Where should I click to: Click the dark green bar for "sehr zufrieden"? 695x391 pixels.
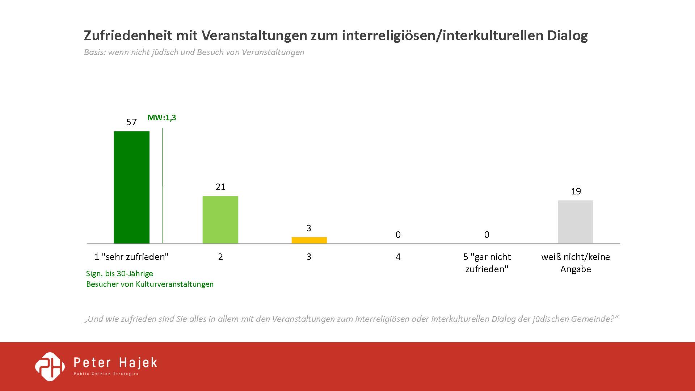[x=131, y=187]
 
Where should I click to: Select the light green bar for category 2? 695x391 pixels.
[x=220, y=220]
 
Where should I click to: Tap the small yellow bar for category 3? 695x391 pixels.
[x=309, y=240]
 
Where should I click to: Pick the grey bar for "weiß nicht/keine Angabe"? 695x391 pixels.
[x=575, y=222]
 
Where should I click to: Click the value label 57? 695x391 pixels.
[x=131, y=122]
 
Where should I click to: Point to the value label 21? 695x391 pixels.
[x=220, y=187]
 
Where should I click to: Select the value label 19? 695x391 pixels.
[x=576, y=192]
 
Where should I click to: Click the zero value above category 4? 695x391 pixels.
[x=398, y=235]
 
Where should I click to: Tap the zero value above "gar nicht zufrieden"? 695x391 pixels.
[x=486, y=235]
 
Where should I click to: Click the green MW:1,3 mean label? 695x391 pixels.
[x=162, y=118]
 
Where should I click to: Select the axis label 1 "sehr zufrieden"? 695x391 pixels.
[x=131, y=257]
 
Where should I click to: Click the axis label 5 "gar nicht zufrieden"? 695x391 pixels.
[x=487, y=263]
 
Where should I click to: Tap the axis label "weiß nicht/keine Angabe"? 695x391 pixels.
[x=576, y=263]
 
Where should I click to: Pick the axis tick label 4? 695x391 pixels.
[x=398, y=257]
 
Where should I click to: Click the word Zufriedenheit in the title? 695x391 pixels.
[x=128, y=35]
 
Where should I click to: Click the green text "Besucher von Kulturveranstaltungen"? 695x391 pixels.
[x=150, y=284]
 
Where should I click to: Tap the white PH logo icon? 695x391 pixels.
[x=50, y=366]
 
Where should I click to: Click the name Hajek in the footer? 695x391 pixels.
[x=138, y=363]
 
